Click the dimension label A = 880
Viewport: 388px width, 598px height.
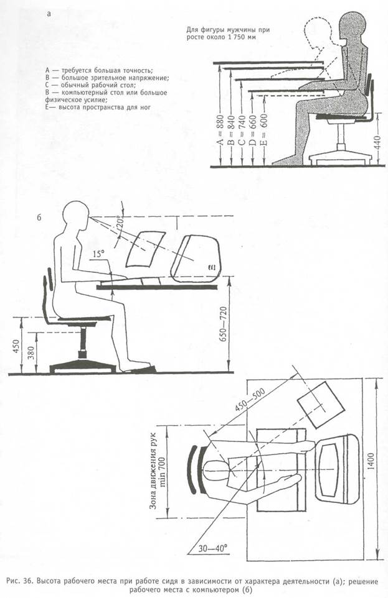220,132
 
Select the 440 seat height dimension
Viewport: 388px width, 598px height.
377,142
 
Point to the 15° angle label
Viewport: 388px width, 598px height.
98,254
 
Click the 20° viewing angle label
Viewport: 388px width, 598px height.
121,222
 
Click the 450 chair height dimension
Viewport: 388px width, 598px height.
16,346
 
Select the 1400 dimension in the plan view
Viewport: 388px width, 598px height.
371,461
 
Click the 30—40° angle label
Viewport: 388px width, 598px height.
213,548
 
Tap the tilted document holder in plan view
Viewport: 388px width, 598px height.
322,405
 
